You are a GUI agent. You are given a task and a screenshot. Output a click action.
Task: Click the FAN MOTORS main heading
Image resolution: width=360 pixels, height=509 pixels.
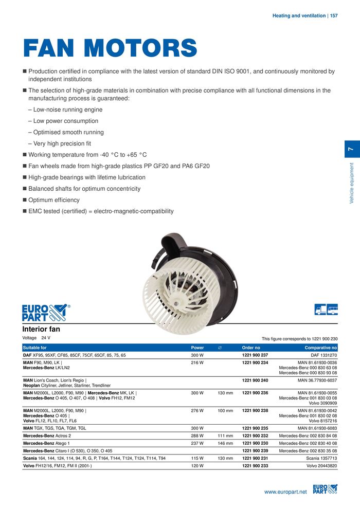pyautogui.click(x=110, y=49)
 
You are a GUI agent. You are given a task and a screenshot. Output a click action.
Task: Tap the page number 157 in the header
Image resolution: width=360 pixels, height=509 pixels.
pyautogui.click(x=334, y=16)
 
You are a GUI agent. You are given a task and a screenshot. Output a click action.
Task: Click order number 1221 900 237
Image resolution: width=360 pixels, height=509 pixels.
pyautogui.click(x=255, y=355)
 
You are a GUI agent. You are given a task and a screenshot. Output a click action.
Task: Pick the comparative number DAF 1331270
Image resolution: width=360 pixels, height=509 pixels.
pyautogui.click(x=324, y=355)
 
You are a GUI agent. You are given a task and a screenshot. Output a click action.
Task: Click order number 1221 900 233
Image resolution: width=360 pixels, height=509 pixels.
pyautogui.click(x=255, y=466)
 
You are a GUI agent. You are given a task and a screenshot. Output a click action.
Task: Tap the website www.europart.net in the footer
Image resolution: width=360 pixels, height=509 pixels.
pyautogui.click(x=285, y=492)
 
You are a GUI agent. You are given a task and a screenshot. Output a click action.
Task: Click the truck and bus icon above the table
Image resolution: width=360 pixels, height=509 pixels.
pyautogui.click(x=326, y=310)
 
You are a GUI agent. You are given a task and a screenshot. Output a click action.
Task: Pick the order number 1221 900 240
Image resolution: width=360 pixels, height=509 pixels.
pyautogui.click(x=255, y=381)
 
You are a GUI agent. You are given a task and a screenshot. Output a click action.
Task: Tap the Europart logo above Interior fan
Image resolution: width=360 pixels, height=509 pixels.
pyautogui.click(x=45, y=312)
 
